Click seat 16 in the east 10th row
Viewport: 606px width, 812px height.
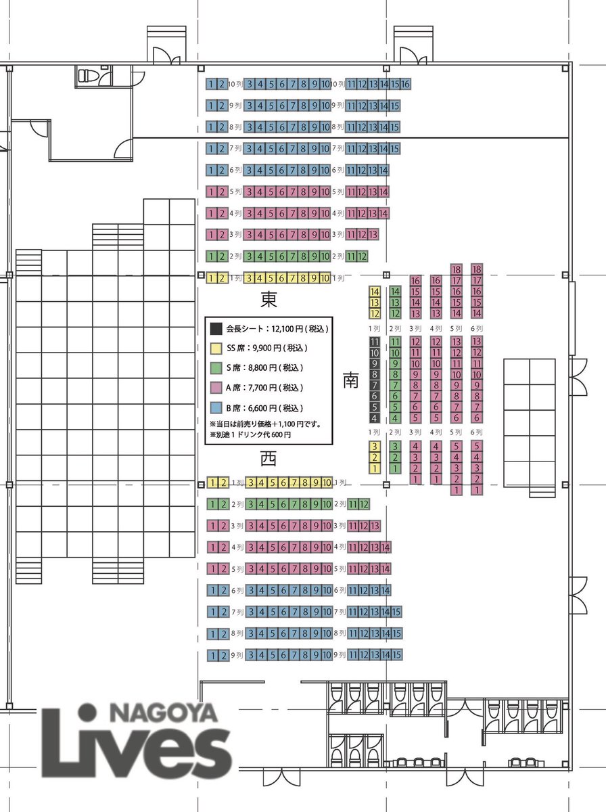pyautogui.click(x=406, y=84)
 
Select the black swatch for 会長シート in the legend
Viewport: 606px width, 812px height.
pyautogui.click(x=216, y=328)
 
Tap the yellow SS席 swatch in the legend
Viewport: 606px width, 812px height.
pyautogui.click(x=216, y=348)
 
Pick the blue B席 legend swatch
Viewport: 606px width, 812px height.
pyautogui.click(x=216, y=407)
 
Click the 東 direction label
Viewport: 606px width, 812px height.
pyautogui.click(x=269, y=299)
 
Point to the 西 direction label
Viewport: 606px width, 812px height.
pyautogui.click(x=269, y=459)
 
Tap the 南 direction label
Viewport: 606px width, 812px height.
pyautogui.click(x=350, y=380)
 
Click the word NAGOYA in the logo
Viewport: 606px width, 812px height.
pyautogui.click(x=164, y=713)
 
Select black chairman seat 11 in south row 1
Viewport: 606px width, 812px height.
pyautogui.click(x=374, y=342)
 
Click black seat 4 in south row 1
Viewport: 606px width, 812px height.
pyautogui.click(x=374, y=418)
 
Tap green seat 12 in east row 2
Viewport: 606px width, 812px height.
pyautogui.click(x=362, y=256)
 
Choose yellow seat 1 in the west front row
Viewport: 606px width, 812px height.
pyautogui.click(x=212, y=482)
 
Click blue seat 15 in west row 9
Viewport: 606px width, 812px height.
pyautogui.click(x=396, y=655)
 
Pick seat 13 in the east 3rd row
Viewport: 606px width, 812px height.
pyautogui.click(x=373, y=235)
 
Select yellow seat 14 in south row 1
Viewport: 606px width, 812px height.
pyautogui.click(x=374, y=292)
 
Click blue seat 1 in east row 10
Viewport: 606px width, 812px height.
pyautogui.click(x=211, y=84)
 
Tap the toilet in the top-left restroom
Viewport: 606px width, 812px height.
pyautogui.click(x=86, y=76)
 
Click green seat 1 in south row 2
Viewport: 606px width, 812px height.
pyautogui.click(x=395, y=468)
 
